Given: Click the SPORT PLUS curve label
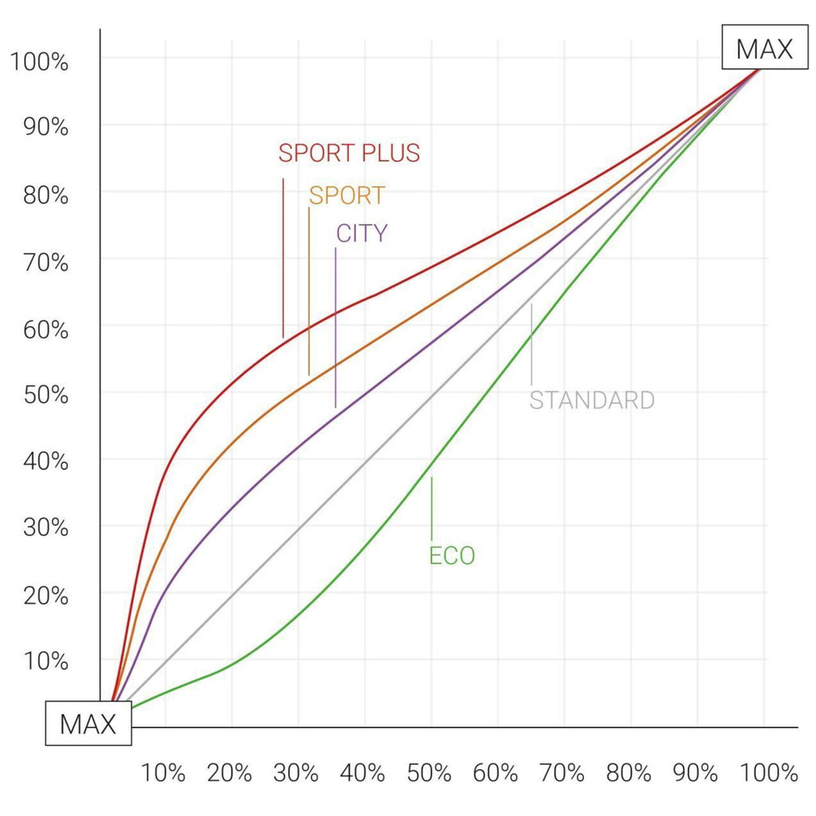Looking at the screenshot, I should pos(348,152).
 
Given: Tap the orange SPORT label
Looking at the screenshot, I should pos(347,195).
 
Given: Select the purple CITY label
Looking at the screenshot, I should pos(361,233).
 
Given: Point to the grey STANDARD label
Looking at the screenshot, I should pos(591,399).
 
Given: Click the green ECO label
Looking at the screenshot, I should pos(452,555).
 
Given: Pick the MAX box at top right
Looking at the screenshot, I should pos(764,49).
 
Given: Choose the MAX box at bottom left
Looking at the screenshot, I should pos(88,724).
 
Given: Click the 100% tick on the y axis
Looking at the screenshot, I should pos(39,61).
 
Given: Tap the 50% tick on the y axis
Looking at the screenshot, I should pos(39,394).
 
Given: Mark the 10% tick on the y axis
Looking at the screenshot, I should pos(39,661).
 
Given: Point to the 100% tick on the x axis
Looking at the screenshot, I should pos(767,772).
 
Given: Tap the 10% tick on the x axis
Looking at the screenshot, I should pos(164,772).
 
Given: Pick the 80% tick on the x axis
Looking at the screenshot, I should pos(630,772).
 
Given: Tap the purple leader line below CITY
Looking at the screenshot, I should pos(335,327).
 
